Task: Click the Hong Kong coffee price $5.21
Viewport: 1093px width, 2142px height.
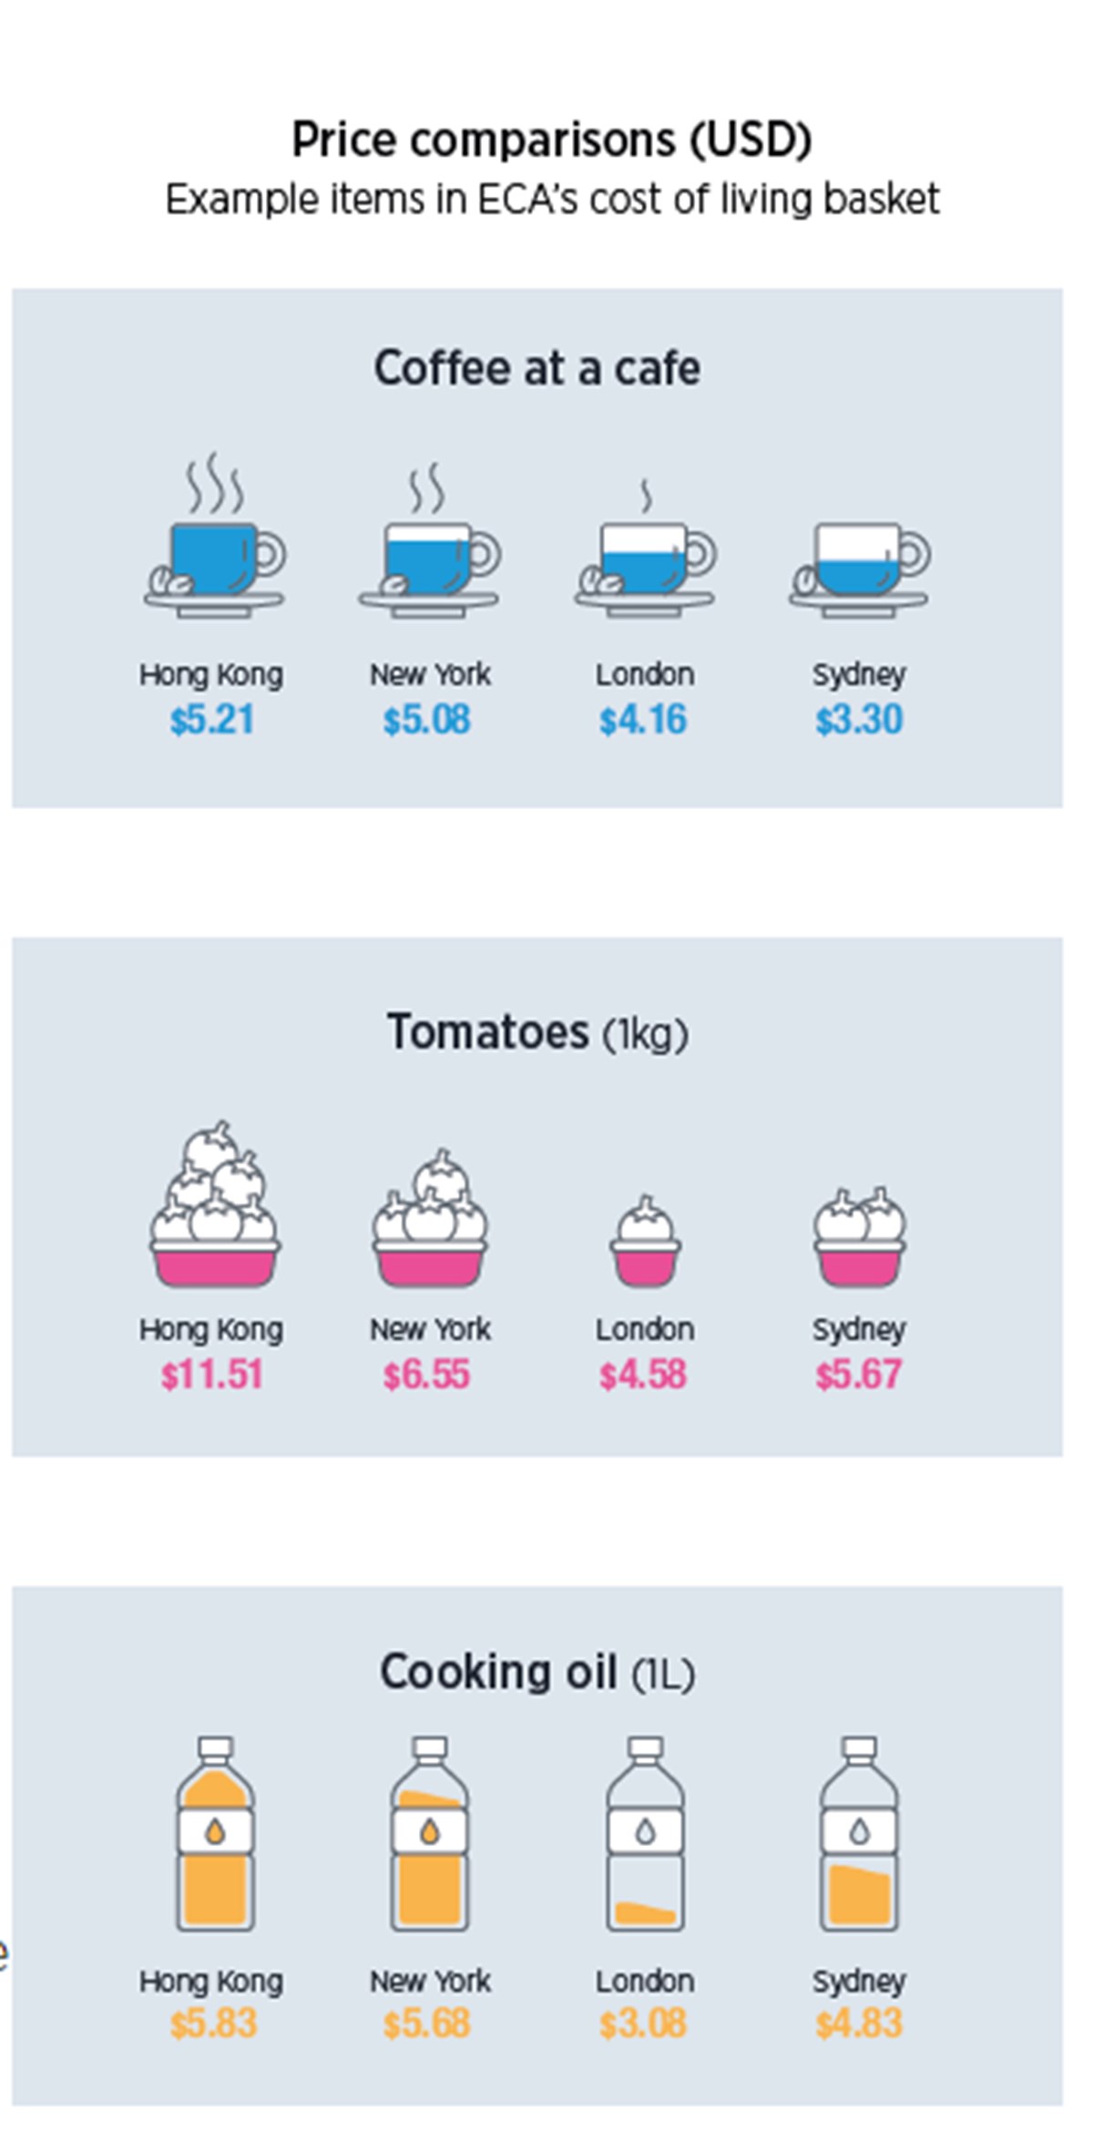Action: (211, 720)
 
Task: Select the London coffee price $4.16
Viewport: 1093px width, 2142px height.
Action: (643, 720)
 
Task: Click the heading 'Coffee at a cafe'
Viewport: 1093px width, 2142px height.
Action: (536, 368)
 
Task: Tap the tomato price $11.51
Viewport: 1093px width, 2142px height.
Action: (211, 1374)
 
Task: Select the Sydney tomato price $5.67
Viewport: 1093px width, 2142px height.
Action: (858, 1374)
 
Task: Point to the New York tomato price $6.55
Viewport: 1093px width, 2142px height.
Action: (426, 1374)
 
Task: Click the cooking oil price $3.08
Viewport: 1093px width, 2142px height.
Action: (643, 2023)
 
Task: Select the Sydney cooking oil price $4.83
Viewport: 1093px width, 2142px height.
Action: (858, 2023)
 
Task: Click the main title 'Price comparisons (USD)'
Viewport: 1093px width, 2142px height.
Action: (551, 139)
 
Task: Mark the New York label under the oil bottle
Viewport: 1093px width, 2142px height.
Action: (430, 1981)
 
